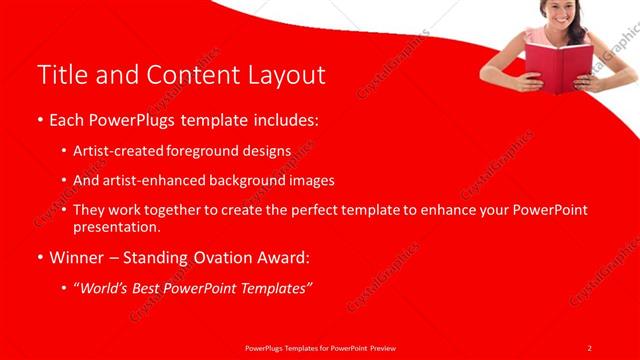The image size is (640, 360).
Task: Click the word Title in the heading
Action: tap(59, 75)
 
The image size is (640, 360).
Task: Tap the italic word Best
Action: tap(146, 288)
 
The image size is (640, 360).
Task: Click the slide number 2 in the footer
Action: tap(589, 347)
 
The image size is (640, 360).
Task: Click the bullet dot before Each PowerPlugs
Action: tap(41, 121)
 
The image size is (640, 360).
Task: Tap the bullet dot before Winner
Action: tap(41, 258)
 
